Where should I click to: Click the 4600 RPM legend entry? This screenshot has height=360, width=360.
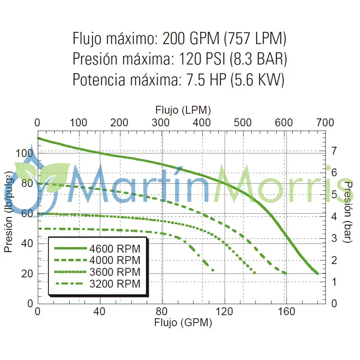coord(114,249)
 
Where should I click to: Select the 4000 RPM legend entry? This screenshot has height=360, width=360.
coord(114,260)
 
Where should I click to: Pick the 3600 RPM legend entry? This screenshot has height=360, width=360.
coord(114,272)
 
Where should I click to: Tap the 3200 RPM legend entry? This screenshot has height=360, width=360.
coord(114,283)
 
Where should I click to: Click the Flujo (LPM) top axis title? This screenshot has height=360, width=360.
coord(183,110)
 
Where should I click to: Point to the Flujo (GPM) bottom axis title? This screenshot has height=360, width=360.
coord(183,323)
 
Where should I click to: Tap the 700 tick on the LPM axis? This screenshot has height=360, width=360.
coord(325,122)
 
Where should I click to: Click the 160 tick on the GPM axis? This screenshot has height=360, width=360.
coord(286,312)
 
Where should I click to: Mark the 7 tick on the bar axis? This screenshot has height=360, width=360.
coord(334,151)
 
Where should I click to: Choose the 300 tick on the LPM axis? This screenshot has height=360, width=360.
coord(161,122)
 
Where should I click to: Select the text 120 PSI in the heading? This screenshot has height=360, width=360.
coord(202,59)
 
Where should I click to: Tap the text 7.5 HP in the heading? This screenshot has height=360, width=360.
coord(205,79)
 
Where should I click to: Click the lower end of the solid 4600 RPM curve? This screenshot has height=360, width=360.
coord(317,273)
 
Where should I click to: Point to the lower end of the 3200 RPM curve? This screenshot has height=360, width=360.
coord(213,270)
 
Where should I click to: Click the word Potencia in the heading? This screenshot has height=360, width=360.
coord(99,79)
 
